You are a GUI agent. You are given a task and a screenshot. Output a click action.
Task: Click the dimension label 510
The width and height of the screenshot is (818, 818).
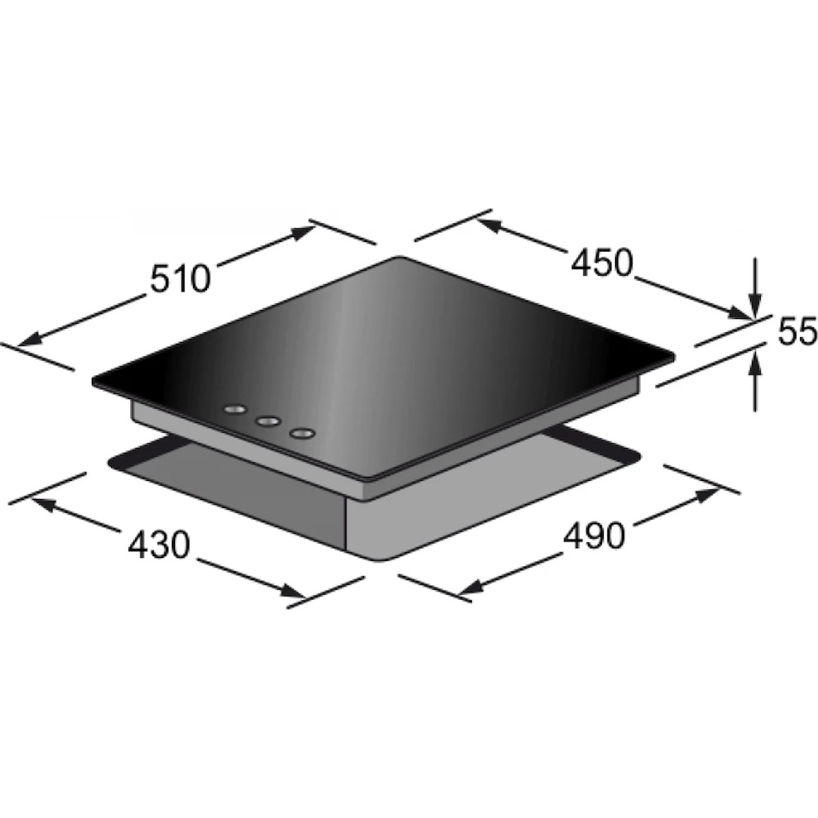(x=180, y=279)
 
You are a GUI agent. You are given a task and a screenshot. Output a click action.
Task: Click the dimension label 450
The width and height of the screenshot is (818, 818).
(x=601, y=263)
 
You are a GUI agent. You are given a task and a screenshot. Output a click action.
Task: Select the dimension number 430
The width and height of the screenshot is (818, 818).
(x=158, y=545)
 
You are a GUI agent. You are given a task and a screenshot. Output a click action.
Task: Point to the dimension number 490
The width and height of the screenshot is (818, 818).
(x=594, y=535)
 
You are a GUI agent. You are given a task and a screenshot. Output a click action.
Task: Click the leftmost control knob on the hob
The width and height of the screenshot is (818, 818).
(x=235, y=410)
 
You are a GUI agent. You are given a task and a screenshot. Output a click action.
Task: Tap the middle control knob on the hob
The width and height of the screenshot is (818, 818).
(x=268, y=420)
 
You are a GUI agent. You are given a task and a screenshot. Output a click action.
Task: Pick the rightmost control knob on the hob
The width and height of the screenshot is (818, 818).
(x=303, y=433)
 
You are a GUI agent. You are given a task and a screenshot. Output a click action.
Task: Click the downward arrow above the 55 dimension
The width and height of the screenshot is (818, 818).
(x=754, y=286)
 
